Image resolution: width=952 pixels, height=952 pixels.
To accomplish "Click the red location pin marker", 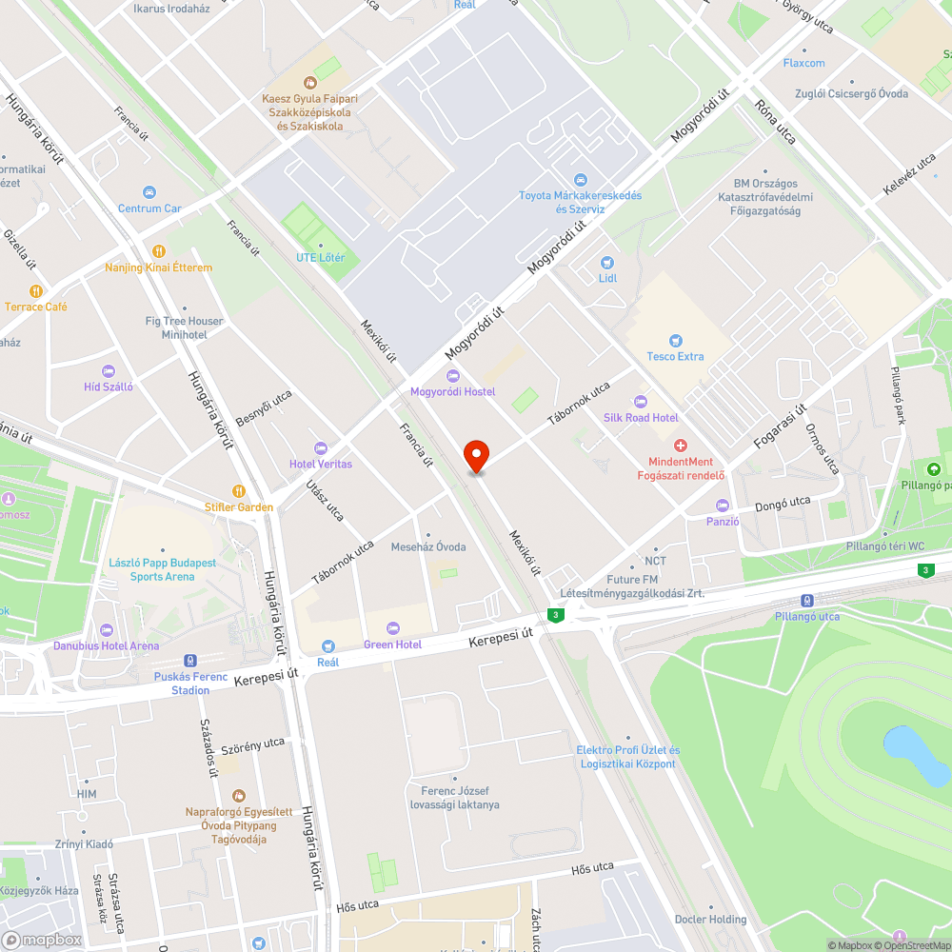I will tap(476, 455).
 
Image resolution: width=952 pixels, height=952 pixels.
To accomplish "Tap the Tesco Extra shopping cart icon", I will tap(676, 340).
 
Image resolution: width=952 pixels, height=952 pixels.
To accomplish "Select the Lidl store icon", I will tap(607, 262).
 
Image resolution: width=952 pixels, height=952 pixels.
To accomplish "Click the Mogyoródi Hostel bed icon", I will tap(452, 376).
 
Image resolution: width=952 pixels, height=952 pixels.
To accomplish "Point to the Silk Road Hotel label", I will tap(641, 417).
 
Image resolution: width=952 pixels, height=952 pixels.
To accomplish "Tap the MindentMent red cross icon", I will tap(681, 446).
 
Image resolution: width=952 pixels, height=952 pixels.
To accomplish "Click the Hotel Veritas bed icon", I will tap(321, 447).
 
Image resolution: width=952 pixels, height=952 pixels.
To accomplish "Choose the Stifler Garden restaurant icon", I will tap(238, 491).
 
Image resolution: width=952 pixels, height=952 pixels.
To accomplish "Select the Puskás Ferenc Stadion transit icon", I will tap(190, 660).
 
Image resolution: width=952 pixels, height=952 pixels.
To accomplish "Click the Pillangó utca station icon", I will tap(806, 600).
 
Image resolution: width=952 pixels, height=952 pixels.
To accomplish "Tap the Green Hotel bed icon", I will tap(392, 628).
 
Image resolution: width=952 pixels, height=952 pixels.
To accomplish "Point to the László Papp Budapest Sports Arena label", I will tap(162, 569).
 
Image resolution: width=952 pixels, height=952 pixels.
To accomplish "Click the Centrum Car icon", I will tap(149, 192).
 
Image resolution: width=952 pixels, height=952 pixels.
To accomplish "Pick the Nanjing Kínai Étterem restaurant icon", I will tap(158, 251).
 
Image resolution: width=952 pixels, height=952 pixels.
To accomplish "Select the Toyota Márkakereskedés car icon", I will tap(580, 180).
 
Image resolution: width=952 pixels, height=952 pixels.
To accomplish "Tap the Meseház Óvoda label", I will tap(428, 546).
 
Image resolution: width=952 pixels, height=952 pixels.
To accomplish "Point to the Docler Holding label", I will tap(710, 919).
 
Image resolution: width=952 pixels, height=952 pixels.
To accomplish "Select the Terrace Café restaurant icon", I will tap(36, 290).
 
